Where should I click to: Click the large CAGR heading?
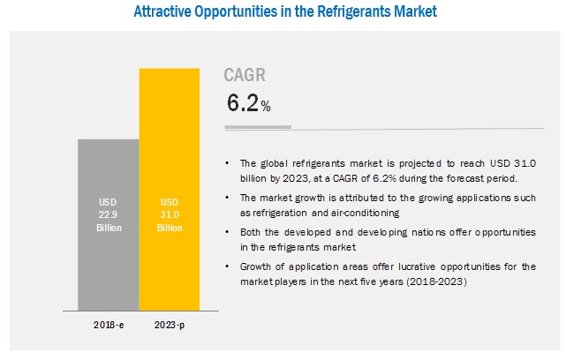click(243, 77)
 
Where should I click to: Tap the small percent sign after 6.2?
click(265, 107)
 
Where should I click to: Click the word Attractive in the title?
click(163, 13)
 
